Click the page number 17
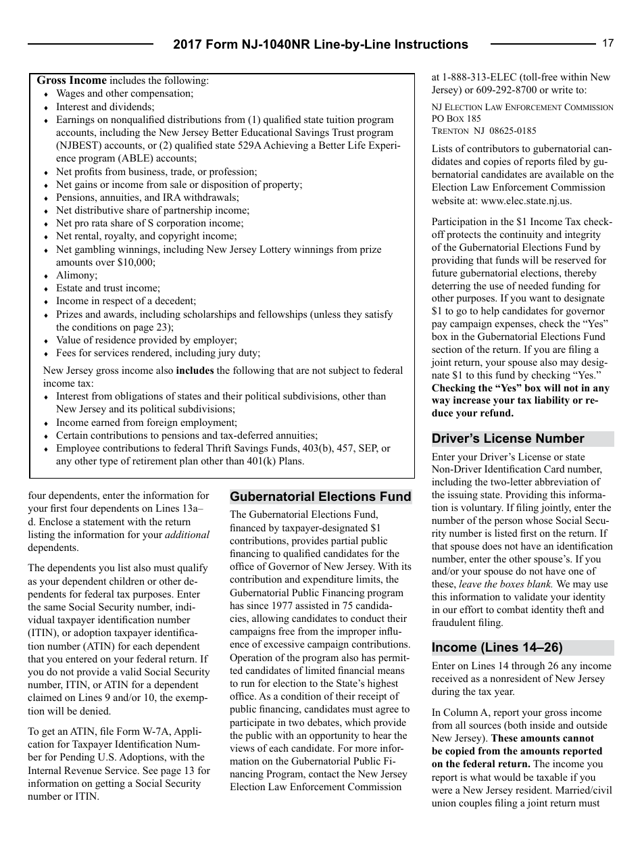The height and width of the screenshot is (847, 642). pos(608,43)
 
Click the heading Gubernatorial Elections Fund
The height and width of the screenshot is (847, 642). pos(320,497)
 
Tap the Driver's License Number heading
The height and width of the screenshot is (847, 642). pos(508,439)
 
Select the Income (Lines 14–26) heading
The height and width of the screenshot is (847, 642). pos(497,648)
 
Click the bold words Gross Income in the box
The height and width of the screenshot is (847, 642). pos(72,80)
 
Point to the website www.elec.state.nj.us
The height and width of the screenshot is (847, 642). pos(526,201)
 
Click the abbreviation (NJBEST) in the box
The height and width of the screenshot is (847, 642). pos(78,146)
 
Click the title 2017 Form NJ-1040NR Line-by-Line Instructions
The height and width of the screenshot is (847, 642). pos(320,45)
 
